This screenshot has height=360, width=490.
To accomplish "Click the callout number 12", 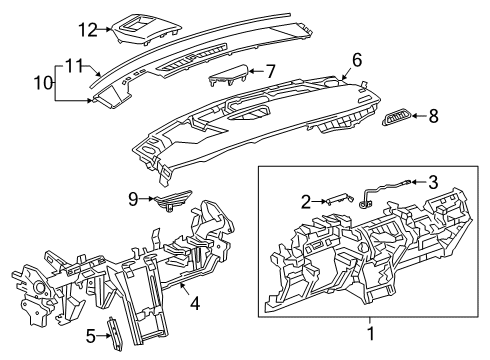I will [88, 30].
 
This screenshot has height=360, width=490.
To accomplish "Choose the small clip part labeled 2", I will [336, 201].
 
